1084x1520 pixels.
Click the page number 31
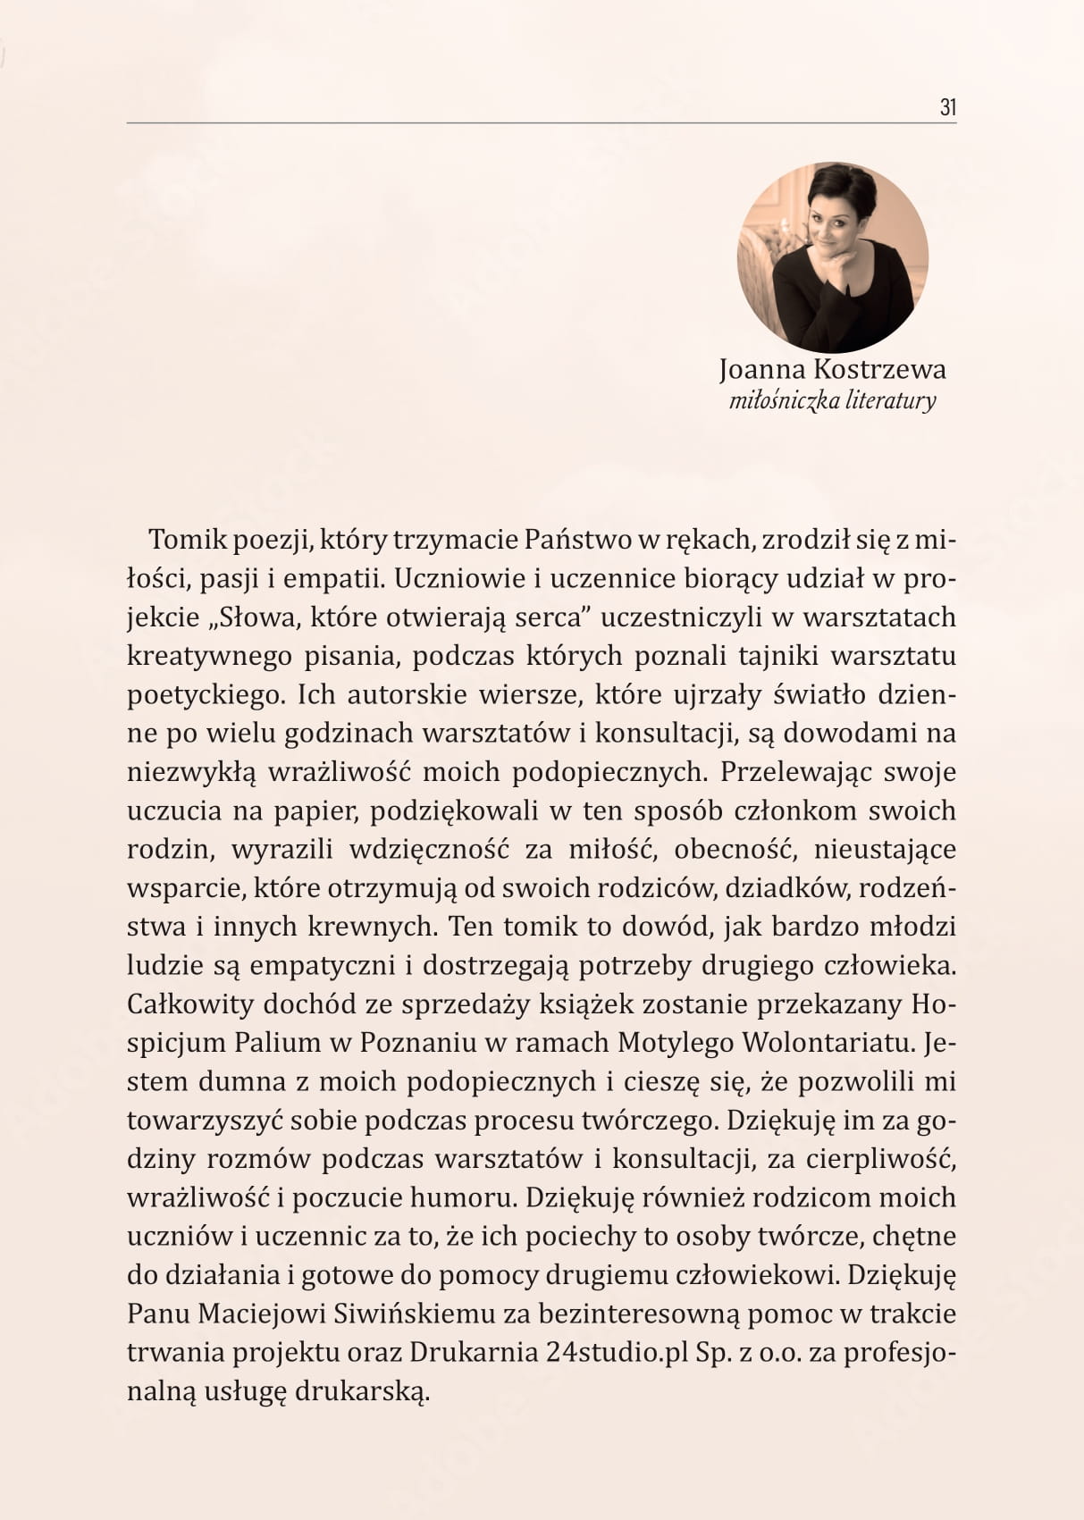click(948, 108)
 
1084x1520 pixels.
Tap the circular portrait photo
click(833, 256)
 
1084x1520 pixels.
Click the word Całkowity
click(190, 1004)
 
